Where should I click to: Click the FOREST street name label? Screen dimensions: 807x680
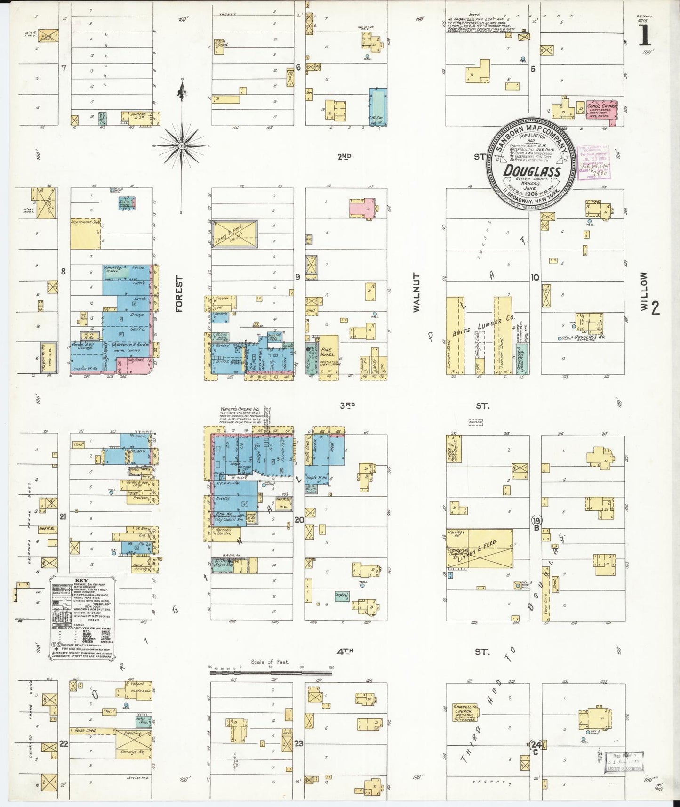click(179, 294)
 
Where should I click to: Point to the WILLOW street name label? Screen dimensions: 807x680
click(644, 291)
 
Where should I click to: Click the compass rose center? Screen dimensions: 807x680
click(181, 146)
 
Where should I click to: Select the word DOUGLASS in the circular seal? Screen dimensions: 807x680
click(532, 171)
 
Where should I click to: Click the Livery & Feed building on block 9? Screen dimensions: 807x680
click(235, 234)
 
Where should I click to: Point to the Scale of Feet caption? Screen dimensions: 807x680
click(270, 662)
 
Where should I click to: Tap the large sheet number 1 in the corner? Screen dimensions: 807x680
click(645, 35)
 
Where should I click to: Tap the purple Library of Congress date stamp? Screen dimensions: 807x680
click(594, 162)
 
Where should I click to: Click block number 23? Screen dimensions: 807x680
click(298, 744)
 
